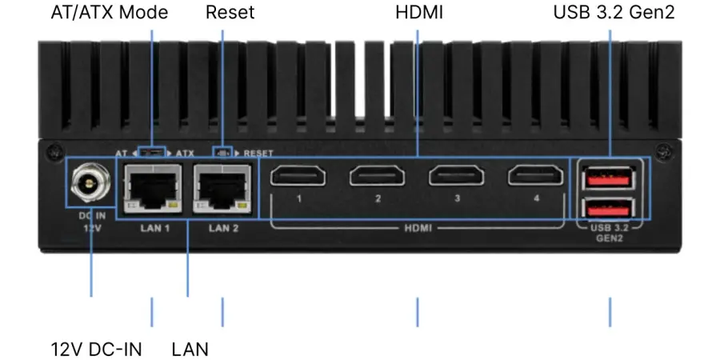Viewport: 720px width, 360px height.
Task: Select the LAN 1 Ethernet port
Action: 151,186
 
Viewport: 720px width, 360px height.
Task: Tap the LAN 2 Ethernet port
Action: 223,186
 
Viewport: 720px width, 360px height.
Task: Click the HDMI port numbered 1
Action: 297,175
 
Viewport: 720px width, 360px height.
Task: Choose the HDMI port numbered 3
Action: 457,175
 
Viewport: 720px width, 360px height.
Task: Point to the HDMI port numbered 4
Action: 536,175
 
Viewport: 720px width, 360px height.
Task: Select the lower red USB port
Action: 610,207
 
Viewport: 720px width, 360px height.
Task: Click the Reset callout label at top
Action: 230,13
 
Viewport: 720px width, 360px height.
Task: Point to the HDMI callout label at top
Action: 418,13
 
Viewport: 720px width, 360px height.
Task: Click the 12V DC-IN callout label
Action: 97,350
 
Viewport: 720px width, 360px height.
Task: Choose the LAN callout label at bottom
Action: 190,350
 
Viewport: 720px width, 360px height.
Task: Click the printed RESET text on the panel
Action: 258,152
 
